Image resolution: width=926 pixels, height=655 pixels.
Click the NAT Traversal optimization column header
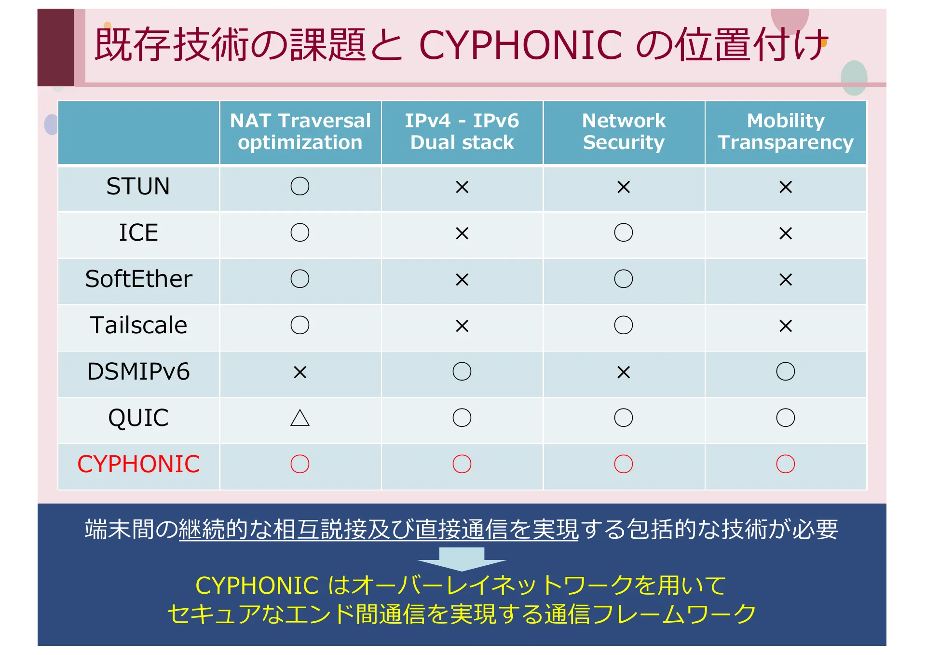[x=300, y=131]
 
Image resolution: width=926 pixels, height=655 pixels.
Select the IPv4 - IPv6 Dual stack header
[x=462, y=131]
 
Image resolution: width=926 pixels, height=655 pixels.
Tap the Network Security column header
[x=624, y=131]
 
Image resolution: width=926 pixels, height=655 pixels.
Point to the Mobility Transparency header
[x=785, y=131]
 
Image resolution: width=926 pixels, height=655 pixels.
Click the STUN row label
[x=138, y=187]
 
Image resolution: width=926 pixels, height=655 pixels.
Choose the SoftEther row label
[x=138, y=279]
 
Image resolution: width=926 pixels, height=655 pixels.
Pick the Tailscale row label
[x=138, y=326]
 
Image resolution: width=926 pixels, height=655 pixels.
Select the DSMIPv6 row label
[x=138, y=372]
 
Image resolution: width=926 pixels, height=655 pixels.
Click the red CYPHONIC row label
[x=138, y=464]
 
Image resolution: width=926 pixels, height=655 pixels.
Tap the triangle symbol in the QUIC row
[x=300, y=418]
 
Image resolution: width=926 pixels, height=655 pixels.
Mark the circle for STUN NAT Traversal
[x=300, y=186]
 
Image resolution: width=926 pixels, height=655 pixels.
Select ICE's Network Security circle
[x=624, y=232]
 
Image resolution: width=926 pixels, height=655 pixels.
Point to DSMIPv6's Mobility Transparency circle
[x=786, y=371]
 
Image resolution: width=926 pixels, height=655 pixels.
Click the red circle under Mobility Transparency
[x=786, y=464]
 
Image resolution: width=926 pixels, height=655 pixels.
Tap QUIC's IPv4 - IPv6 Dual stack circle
[x=462, y=418]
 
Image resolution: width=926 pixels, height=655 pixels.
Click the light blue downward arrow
[x=462, y=559]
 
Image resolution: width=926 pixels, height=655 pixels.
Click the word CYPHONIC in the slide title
[x=520, y=45]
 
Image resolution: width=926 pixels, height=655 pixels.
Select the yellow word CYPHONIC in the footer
[x=257, y=586]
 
